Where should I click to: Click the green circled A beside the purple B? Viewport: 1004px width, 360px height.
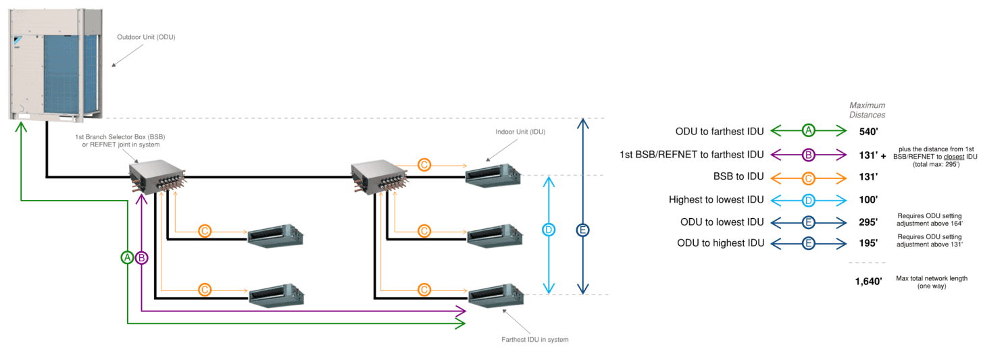[x=127, y=257]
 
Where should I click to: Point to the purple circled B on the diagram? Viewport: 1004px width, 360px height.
[x=141, y=257]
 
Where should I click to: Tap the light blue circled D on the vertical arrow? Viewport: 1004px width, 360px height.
[x=549, y=230]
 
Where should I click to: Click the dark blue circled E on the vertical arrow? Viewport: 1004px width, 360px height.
[x=582, y=230]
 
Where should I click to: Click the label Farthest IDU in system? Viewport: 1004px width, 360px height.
[x=534, y=339]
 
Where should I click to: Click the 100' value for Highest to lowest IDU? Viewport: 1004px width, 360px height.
[x=868, y=199]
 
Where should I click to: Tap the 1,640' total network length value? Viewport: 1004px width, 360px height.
[x=868, y=282]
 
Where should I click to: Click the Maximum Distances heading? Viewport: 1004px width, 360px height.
[x=867, y=110]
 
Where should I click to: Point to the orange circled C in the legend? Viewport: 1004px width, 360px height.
[x=808, y=177]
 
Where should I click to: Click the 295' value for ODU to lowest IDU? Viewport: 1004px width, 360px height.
[x=868, y=222]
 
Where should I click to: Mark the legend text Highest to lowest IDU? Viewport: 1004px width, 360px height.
[x=716, y=199]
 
